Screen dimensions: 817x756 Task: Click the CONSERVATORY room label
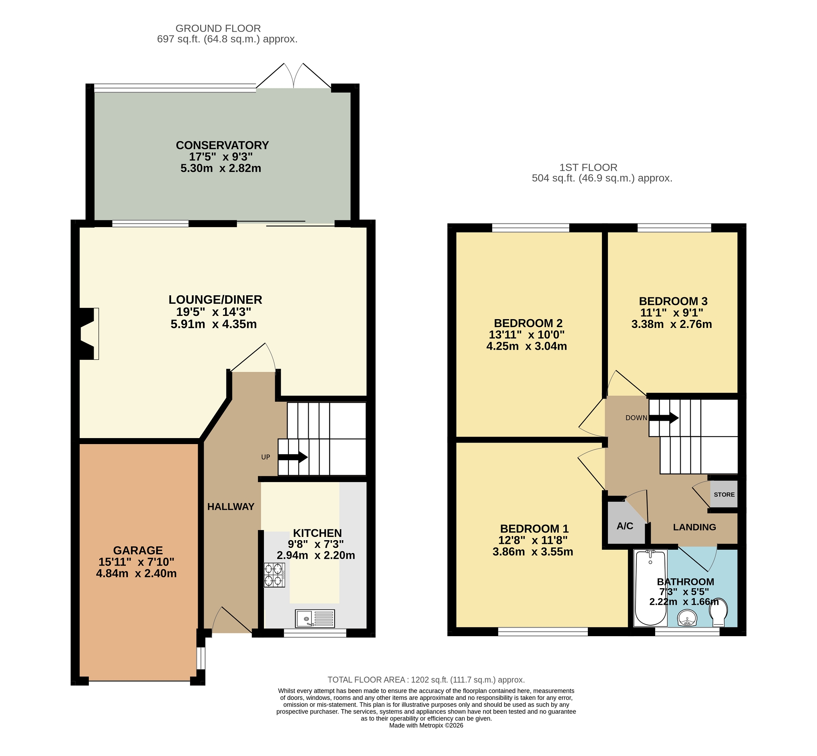click(222, 146)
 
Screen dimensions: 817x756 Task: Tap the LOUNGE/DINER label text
click(215, 300)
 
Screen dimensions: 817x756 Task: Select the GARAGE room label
click(138, 550)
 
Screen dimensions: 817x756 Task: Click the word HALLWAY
click(231, 507)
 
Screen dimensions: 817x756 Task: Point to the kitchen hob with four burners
click(274, 575)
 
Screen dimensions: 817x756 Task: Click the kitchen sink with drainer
click(315, 618)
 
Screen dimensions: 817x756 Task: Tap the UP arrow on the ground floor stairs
click(293, 457)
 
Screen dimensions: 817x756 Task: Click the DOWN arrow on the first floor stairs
click(664, 418)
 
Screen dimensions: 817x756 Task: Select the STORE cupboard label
click(724, 495)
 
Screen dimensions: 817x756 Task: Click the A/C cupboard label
click(625, 526)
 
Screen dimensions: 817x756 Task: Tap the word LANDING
click(694, 527)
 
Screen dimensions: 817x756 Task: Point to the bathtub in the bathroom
click(650, 588)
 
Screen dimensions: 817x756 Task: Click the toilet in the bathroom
click(719, 612)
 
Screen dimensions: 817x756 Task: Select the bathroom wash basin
click(687, 618)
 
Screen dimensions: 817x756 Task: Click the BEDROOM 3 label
click(673, 301)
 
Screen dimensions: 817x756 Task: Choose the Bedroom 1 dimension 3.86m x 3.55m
click(533, 552)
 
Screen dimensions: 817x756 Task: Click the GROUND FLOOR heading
click(218, 28)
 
